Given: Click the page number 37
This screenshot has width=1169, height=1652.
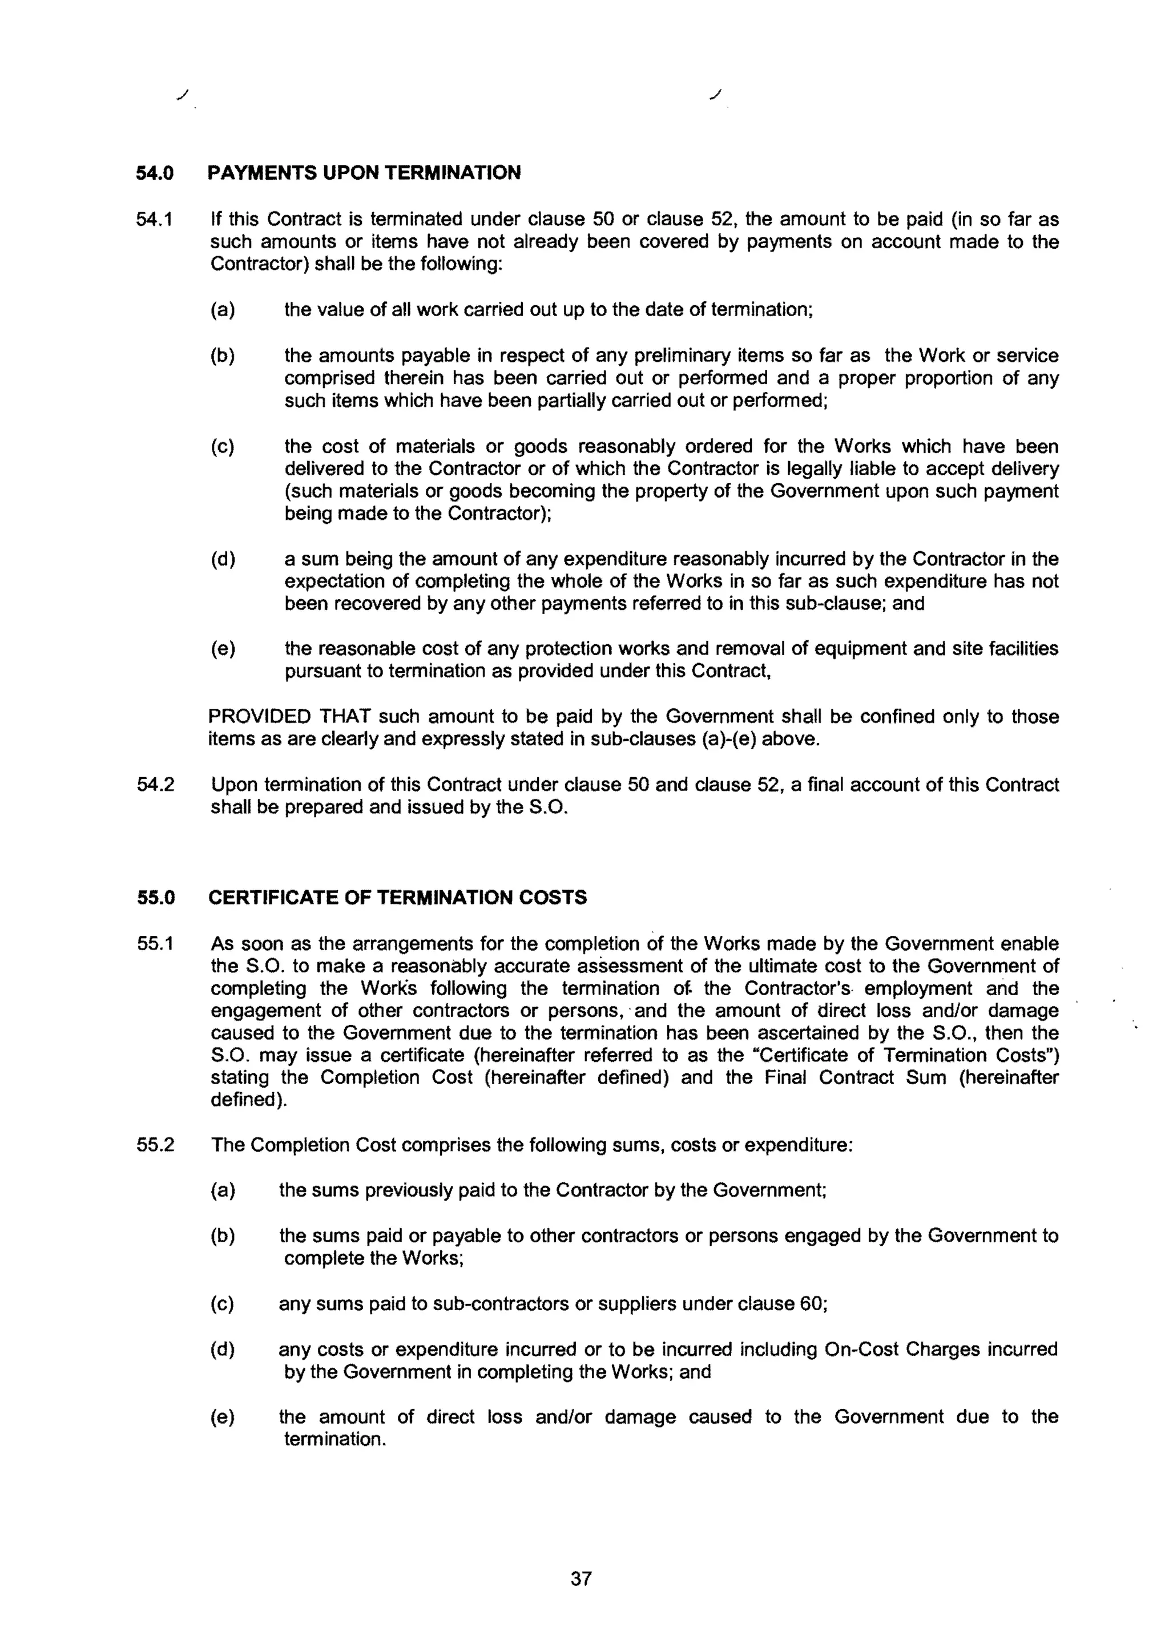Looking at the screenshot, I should (x=581, y=1578).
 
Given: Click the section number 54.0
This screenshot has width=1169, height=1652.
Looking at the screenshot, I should (x=155, y=173).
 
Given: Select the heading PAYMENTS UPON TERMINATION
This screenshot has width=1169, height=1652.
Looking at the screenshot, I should (x=364, y=173).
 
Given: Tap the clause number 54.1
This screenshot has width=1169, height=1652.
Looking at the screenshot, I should (x=155, y=219).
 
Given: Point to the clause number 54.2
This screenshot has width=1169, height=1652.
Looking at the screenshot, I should (x=155, y=784).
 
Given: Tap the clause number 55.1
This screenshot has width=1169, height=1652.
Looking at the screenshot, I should (x=155, y=943).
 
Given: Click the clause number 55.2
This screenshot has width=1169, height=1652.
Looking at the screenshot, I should (x=155, y=1145).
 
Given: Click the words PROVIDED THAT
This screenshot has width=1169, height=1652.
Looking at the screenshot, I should (x=289, y=717).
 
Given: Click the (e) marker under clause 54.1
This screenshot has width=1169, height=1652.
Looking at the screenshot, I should (x=223, y=649).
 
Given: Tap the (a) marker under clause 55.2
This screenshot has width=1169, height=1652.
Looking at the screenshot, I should (x=223, y=1191).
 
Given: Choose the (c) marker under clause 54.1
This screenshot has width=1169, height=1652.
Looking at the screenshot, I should (x=223, y=447).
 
